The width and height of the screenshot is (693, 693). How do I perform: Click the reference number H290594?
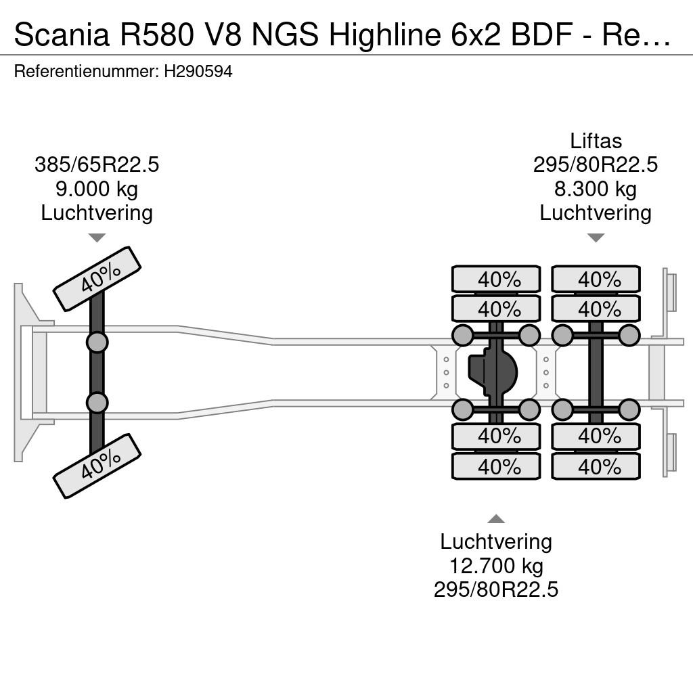198,71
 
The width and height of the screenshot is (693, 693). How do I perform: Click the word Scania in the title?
62,35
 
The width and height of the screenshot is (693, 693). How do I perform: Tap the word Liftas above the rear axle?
596,141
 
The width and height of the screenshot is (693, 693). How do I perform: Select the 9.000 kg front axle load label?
97,189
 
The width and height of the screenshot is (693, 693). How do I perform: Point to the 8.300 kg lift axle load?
596,189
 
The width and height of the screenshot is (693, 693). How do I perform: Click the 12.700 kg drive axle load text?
496,566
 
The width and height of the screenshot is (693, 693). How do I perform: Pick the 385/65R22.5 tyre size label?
97,165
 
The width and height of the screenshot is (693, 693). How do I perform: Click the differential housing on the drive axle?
491,372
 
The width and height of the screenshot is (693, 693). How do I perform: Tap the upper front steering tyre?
97,279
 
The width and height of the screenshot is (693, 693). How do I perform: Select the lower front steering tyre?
97,466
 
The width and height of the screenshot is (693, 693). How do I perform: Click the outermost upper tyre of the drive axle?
496,279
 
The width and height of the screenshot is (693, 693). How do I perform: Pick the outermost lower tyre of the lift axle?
596,466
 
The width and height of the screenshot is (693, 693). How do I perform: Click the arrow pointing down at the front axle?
97,238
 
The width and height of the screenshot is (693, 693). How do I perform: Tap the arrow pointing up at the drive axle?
496,519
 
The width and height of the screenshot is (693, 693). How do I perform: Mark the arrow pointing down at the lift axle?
596,238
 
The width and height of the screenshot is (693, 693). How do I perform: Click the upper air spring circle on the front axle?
97,342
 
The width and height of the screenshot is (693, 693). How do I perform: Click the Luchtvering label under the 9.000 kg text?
97,213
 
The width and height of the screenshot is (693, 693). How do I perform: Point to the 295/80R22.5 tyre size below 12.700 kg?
496,589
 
